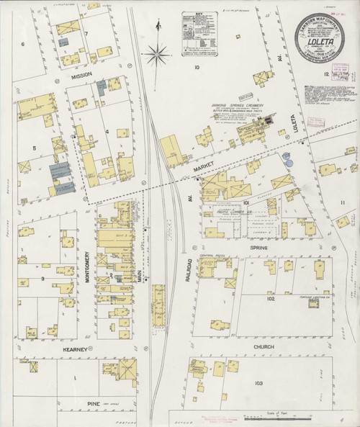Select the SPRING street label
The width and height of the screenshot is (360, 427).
(x=258, y=248)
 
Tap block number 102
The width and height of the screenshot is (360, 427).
(x=270, y=298)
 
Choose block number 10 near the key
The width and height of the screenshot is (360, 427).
(x=196, y=66)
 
